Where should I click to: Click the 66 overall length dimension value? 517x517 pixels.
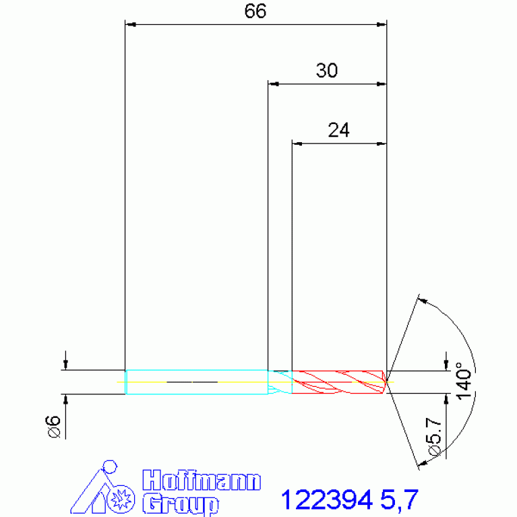[255, 11]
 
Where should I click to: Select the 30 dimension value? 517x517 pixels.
[327, 71]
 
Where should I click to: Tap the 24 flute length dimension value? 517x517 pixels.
[338, 130]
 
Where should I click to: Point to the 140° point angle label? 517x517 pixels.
[464, 380]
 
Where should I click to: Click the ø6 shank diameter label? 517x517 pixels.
[54, 426]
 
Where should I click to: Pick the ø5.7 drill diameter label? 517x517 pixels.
[434, 437]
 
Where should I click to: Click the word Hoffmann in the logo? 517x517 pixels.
[202, 481]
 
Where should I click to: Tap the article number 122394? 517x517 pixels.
[326, 500]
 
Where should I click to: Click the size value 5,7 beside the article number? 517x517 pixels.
[399, 501]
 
